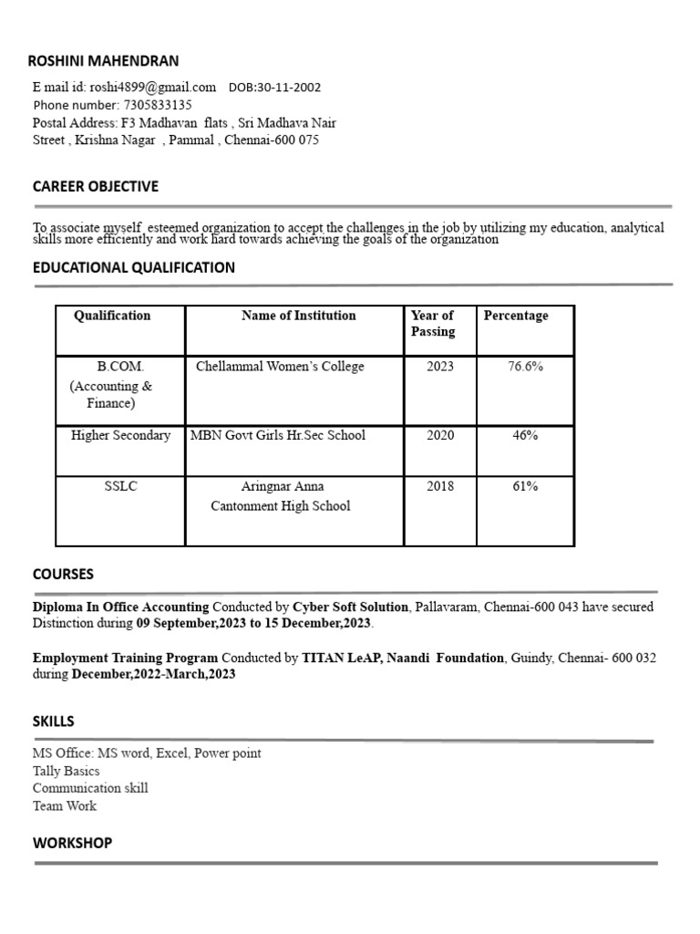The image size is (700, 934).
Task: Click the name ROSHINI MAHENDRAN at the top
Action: click(103, 61)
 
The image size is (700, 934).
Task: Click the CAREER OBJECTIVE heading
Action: click(95, 186)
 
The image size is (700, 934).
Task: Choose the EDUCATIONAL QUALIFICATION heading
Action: click(133, 267)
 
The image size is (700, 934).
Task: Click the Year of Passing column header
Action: click(433, 323)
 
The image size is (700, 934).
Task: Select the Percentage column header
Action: click(516, 316)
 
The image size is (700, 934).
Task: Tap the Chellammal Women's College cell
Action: click(280, 367)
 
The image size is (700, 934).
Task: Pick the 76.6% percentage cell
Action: click(525, 367)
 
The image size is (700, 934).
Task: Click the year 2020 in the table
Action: click(440, 435)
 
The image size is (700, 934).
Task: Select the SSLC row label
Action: click(120, 486)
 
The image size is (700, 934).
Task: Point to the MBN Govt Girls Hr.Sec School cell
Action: click(278, 435)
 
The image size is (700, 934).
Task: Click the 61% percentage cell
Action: click(525, 486)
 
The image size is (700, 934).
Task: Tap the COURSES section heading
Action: click(63, 574)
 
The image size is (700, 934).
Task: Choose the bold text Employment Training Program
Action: click(126, 658)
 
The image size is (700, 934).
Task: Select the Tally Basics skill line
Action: click(67, 771)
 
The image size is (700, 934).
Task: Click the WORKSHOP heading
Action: click(72, 843)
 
